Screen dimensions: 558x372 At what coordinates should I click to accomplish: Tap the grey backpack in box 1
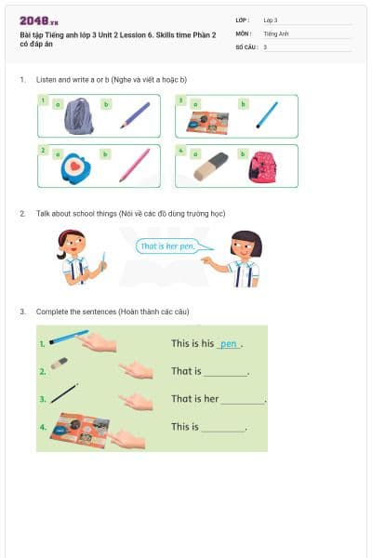click(78, 115)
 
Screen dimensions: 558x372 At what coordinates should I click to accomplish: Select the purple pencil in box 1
click(135, 114)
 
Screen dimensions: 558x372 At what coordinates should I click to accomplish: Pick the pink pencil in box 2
click(135, 165)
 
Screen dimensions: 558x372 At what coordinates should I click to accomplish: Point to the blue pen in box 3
click(268, 114)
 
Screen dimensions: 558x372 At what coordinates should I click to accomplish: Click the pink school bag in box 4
click(264, 166)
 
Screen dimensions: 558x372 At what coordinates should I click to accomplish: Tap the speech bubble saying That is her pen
click(168, 246)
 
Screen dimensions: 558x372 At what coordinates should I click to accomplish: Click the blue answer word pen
click(228, 344)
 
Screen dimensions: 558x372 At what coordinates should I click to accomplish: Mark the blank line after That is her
click(243, 402)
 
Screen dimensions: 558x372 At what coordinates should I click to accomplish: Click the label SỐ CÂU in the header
click(246, 46)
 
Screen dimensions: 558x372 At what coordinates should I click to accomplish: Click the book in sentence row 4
click(78, 427)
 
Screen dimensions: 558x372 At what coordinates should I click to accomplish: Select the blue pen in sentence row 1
click(68, 338)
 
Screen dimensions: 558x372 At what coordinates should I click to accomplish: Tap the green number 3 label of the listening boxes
click(180, 99)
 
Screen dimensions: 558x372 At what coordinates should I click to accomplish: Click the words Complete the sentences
click(75, 312)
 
